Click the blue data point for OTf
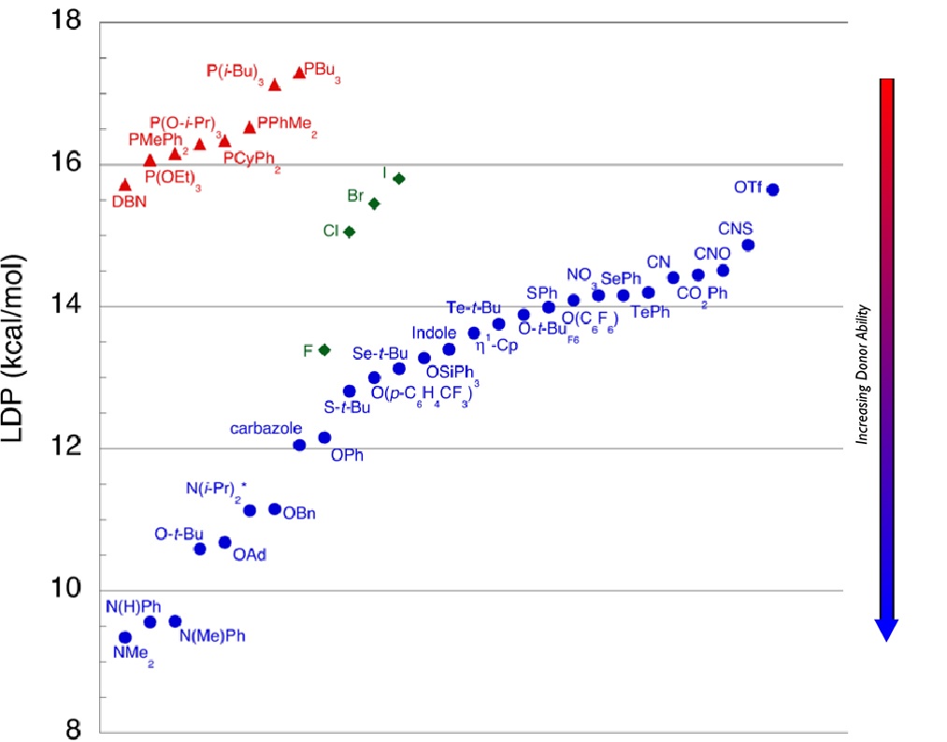pyautogui.click(x=772, y=190)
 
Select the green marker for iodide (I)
pyautogui.click(x=398, y=178)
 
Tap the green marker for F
pyautogui.click(x=324, y=350)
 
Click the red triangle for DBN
pyautogui.click(x=125, y=185)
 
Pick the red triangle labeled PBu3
pyautogui.click(x=299, y=73)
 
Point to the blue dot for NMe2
pyautogui.click(x=125, y=637)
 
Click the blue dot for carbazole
pyautogui.click(x=299, y=445)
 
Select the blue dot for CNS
pyautogui.click(x=748, y=245)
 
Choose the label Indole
pyautogui.click(x=434, y=333)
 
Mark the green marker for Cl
pyautogui.click(x=349, y=232)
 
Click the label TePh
pyautogui.click(x=651, y=312)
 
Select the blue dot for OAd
pyautogui.click(x=224, y=542)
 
